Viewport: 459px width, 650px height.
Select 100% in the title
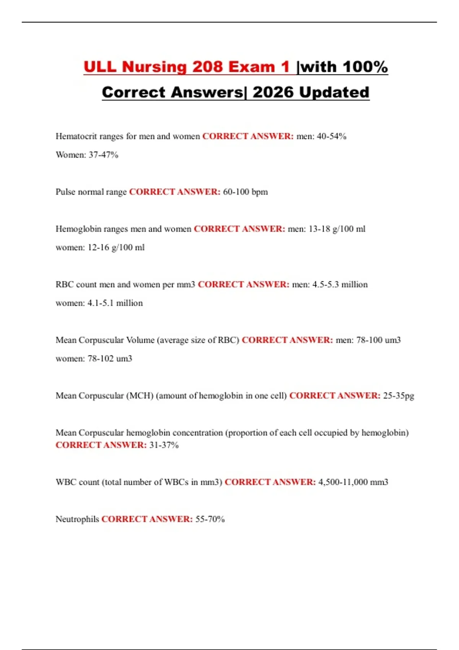click(365, 67)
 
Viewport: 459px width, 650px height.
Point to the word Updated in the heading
click(334, 92)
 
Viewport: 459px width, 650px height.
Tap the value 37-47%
click(103, 155)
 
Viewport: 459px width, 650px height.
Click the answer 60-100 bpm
click(245, 192)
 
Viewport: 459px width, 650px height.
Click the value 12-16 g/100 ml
click(116, 248)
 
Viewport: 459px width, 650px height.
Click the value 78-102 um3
click(110, 359)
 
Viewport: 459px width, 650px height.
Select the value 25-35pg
click(399, 396)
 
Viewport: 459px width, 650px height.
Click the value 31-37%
click(164, 445)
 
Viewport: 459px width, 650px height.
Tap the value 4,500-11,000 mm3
click(353, 482)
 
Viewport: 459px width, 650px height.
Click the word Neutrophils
click(77, 519)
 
